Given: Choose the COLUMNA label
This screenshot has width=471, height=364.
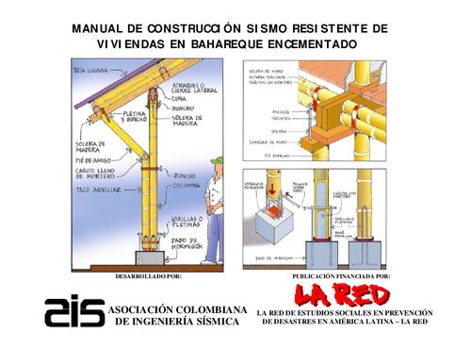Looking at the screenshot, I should coord(185,186).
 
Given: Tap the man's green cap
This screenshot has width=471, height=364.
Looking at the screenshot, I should coord(219,162).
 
